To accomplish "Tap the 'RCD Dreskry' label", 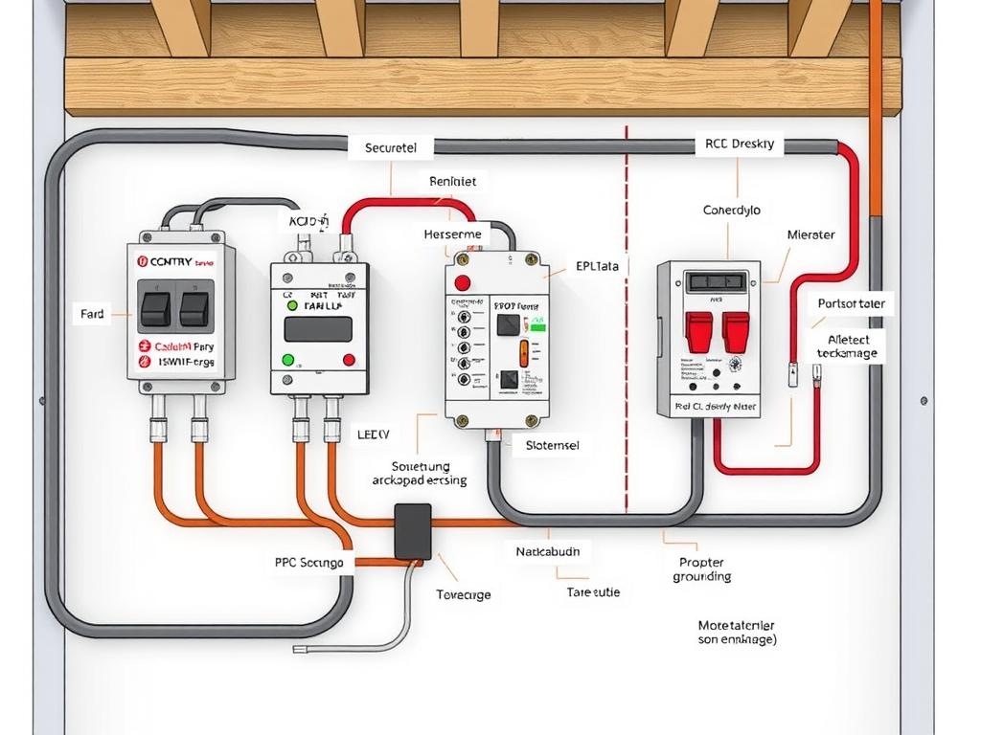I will pyautogui.click(x=738, y=145).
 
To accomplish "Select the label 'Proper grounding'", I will pyautogui.click(x=701, y=569).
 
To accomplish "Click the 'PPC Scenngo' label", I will pyautogui.click(x=308, y=563).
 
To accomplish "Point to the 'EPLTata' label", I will pyautogui.click(x=597, y=267).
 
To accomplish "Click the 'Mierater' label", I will pyautogui.click(x=810, y=234).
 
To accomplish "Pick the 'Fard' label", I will pyautogui.click(x=92, y=314).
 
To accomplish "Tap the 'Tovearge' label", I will pyautogui.click(x=464, y=594).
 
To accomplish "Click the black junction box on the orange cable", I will pyautogui.click(x=413, y=531).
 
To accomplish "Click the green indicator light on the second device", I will pyautogui.click(x=287, y=360).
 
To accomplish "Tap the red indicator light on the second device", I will pyautogui.click(x=349, y=360).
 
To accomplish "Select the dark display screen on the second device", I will pyautogui.click(x=318, y=328).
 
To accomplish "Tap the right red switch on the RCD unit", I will pyautogui.click(x=736, y=331).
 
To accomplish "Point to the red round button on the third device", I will pyautogui.click(x=463, y=282).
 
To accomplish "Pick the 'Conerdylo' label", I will pyautogui.click(x=732, y=210).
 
